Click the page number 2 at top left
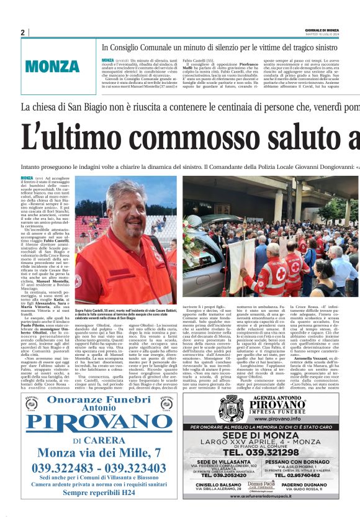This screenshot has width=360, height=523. pyautogui.click(x=22, y=33)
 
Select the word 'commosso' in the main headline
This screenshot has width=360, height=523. pyautogui.click(x=210, y=138)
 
